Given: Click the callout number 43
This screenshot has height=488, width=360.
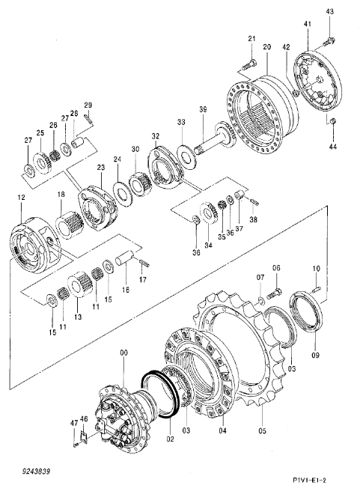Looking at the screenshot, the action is (x=330, y=11).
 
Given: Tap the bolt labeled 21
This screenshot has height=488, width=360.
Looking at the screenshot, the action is (x=249, y=65).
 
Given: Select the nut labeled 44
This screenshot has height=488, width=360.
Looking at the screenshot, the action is (x=332, y=121).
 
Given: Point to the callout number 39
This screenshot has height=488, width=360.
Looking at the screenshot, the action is (x=203, y=109).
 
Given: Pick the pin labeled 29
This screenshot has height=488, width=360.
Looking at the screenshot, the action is (x=88, y=118).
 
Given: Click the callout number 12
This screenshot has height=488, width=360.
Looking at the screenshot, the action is (x=21, y=198).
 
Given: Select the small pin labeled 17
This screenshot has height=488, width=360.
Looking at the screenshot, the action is (x=144, y=263).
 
